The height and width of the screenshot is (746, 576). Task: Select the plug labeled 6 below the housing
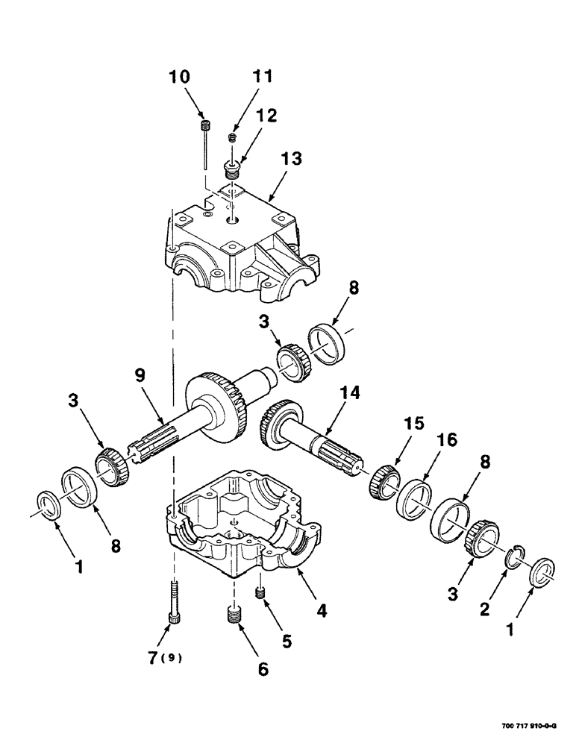[x=234, y=616]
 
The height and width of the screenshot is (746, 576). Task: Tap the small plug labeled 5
[x=261, y=593]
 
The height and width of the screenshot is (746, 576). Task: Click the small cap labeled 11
[x=232, y=137]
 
